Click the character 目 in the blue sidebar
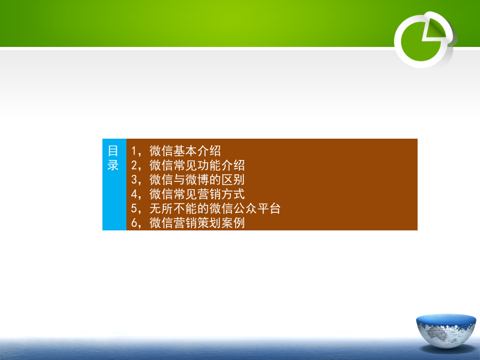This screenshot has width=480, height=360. tap(113, 151)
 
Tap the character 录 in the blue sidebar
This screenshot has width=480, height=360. tap(113, 165)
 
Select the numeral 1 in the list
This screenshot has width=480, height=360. tap(134, 151)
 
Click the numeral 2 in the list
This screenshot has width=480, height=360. tap(134, 165)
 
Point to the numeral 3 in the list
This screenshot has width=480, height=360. tap(134, 180)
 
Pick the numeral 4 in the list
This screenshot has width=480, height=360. tap(134, 194)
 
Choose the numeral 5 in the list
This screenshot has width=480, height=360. tap(134, 209)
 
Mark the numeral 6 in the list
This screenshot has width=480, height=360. tap(134, 223)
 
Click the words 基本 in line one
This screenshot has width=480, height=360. tap(185, 151)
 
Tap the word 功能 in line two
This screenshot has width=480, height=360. tap(209, 165)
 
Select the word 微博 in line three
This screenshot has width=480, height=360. tap(197, 180)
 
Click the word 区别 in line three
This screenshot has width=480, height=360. tap(233, 180)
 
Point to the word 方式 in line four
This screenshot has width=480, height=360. tap(233, 194)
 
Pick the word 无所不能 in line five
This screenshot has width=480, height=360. tap(173, 209)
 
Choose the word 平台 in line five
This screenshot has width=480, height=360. tap(269, 209)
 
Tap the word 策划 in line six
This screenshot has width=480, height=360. tap(209, 223)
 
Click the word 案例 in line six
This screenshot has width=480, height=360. tap(233, 223)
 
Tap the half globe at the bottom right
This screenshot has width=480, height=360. tap(446, 331)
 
